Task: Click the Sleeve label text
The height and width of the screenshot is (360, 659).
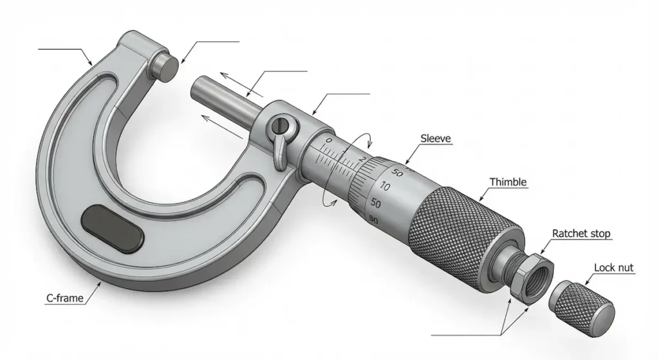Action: coord(436,138)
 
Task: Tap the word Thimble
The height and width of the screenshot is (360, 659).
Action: coord(508,182)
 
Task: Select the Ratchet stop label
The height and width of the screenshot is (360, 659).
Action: coord(581,233)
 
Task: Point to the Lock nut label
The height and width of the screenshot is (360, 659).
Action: coord(613,267)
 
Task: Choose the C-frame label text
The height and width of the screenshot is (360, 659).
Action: coord(65,298)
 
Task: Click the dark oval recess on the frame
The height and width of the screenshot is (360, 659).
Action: coord(113,229)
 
